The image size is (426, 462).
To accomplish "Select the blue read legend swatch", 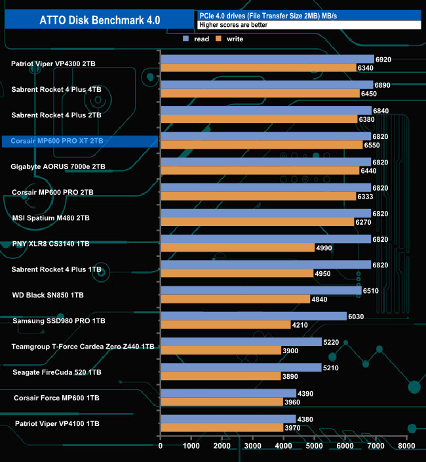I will (186, 39).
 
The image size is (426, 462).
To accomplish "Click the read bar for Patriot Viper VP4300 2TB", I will (267, 59).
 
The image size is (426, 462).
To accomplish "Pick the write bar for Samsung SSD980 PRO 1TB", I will (225, 324).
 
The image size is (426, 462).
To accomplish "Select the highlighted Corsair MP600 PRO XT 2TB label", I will (57, 141).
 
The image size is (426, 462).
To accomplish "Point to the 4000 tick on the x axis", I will (283, 446).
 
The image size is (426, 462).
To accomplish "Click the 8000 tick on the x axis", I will (406, 446).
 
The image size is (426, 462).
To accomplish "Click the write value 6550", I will (371, 145).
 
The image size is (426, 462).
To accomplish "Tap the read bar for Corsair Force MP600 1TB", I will (228, 393).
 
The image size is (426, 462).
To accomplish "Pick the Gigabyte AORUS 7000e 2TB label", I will (58, 166).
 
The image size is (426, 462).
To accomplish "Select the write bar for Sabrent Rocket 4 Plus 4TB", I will (260, 93).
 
